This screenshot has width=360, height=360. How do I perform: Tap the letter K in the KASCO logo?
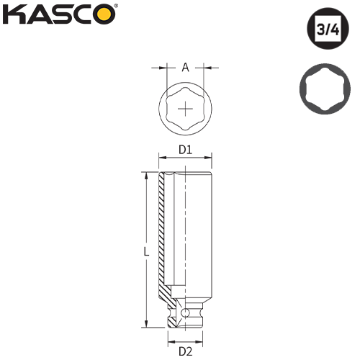(x=17, y=14)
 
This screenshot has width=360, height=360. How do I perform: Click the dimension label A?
(x=185, y=68)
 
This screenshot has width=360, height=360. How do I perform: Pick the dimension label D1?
(x=184, y=150)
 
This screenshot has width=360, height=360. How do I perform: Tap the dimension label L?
(x=145, y=252)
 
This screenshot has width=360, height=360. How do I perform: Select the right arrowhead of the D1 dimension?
(x=210, y=158)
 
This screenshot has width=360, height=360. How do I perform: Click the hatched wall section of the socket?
(x=163, y=238)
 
